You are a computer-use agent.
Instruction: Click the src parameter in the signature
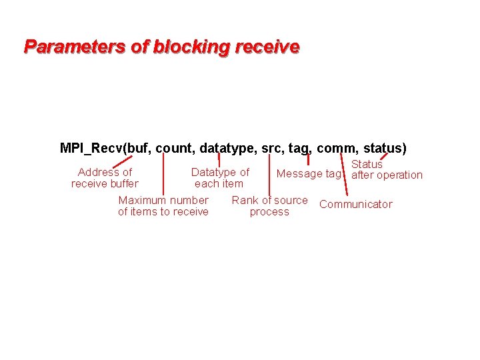tap(272, 148)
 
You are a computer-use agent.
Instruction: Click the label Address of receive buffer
tap(105, 178)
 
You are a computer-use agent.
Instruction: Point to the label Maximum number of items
tap(163, 206)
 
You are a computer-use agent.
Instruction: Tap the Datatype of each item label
tap(219, 178)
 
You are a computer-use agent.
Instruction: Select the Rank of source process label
tap(269, 206)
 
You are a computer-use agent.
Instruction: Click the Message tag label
tap(308, 174)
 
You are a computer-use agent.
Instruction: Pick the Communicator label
tap(356, 205)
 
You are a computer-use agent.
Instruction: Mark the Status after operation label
tap(386, 170)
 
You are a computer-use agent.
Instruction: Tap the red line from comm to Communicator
tap(343, 175)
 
